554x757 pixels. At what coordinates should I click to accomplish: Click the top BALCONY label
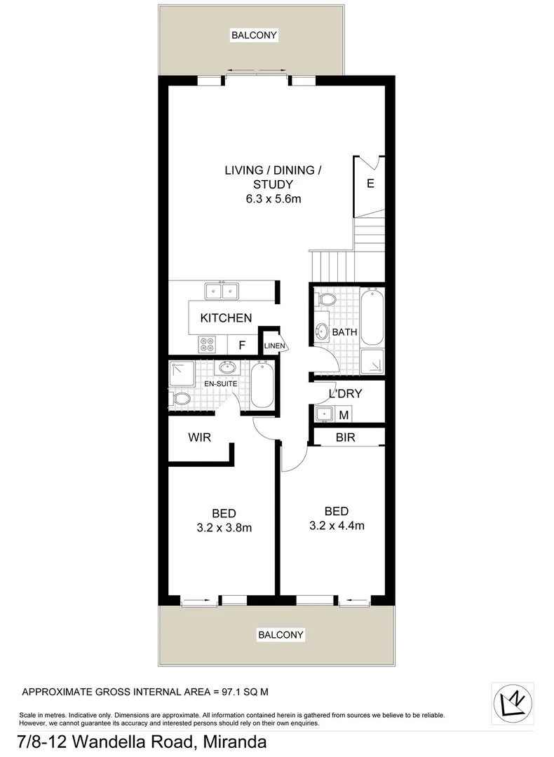pyautogui.click(x=255, y=34)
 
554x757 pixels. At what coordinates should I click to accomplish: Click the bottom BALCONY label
pyautogui.click(x=281, y=635)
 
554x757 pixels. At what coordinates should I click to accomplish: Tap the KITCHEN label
pyautogui.click(x=226, y=318)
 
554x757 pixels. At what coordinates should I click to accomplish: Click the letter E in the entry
pyautogui.click(x=370, y=185)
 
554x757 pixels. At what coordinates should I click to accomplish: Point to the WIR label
pyautogui.click(x=200, y=437)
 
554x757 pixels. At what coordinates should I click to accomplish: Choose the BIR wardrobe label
pyautogui.click(x=346, y=437)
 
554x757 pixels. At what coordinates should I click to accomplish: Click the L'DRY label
pyautogui.click(x=346, y=394)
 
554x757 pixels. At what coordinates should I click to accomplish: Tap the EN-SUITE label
pyautogui.click(x=219, y=385)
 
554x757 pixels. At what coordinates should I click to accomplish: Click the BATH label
pyautogui.click(x=344, y=332)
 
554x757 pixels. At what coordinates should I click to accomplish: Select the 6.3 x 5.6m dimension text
pyautogui.click(x=273, y=199)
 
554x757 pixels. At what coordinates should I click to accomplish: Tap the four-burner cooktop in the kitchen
pyautogui.click(x=208, y=344)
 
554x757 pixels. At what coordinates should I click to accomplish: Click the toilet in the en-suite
pyautogui.click(x=180, y=400)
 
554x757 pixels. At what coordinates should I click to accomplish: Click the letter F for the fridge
pyautogui.click(x=241, y=345)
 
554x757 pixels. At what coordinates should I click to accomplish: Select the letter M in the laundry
pyautogui.click(x=344, y=415)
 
